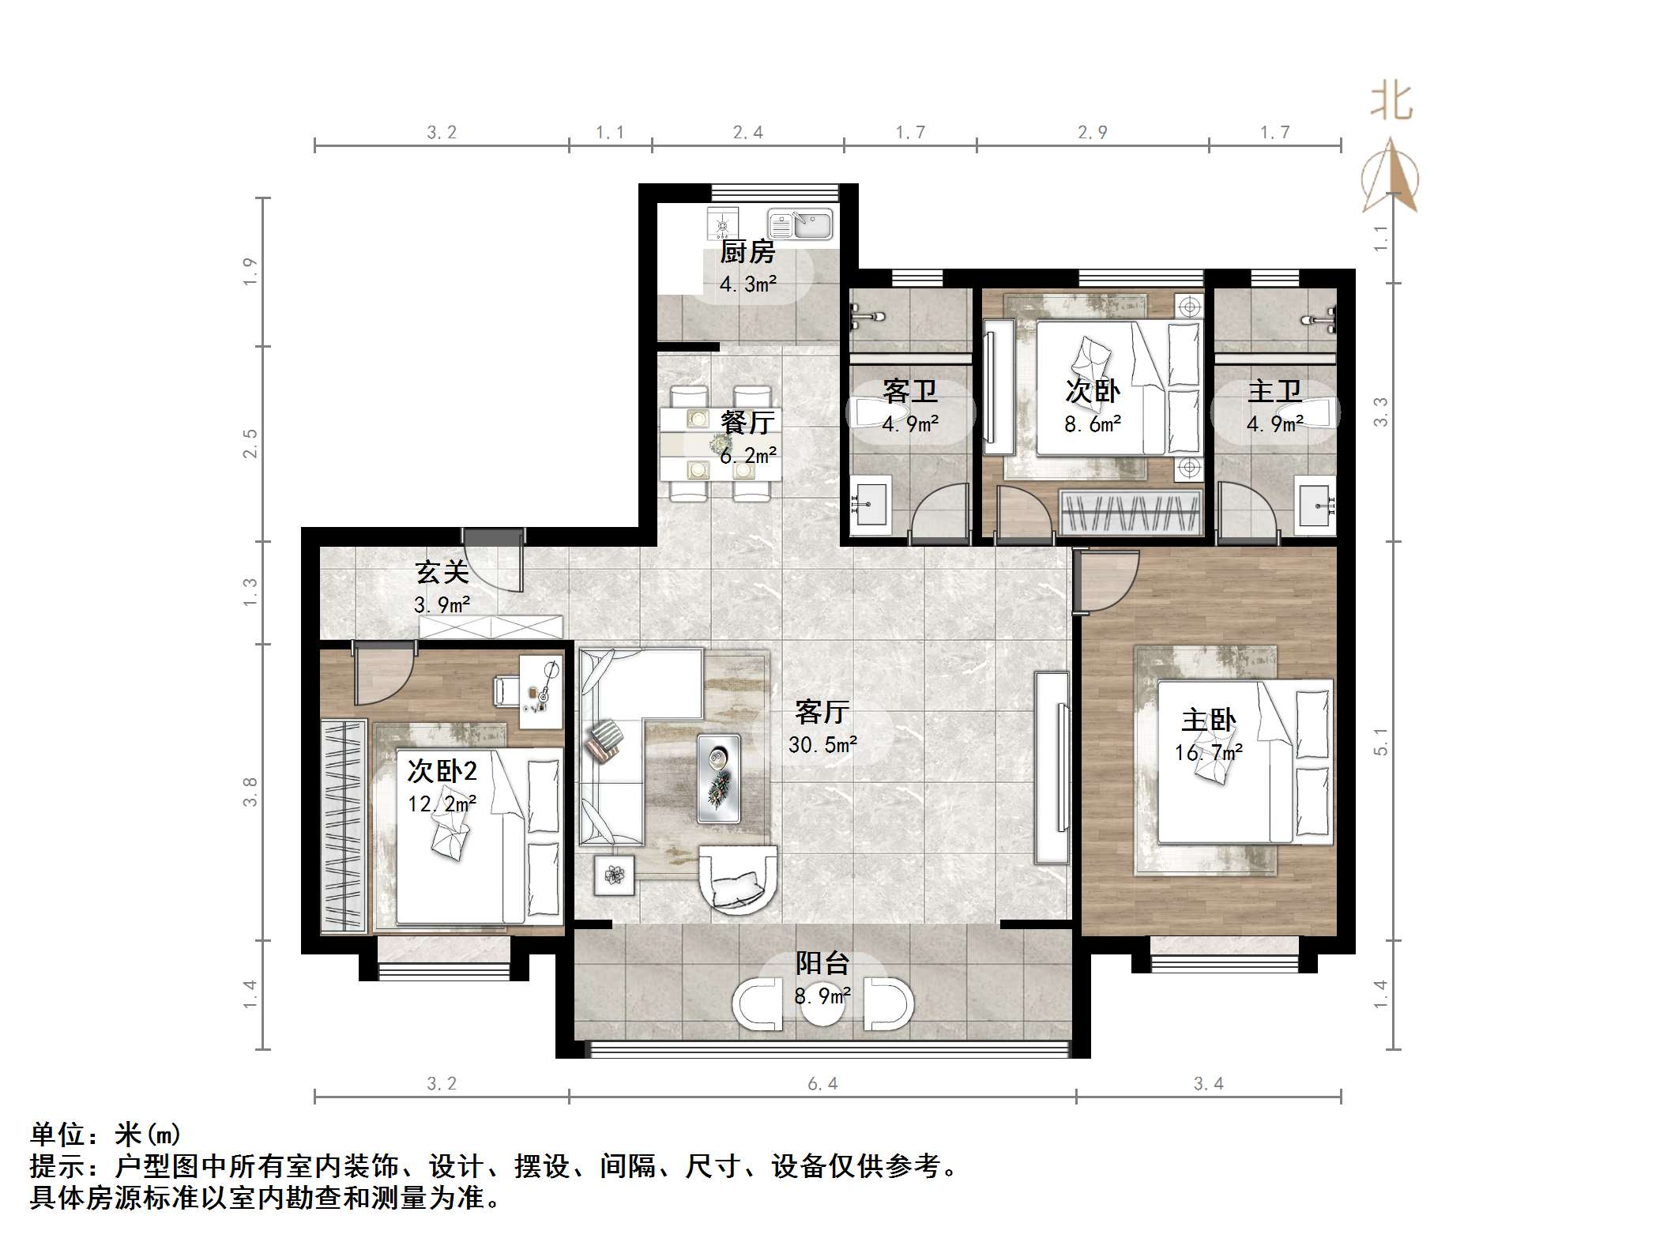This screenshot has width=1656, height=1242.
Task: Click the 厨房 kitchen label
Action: (747, 252)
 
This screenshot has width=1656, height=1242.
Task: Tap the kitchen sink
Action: (800, 224)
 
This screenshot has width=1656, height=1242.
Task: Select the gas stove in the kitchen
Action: (722, 224)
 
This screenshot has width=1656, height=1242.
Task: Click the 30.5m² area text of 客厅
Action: (822, 744)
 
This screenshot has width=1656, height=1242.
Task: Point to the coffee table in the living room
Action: (719, 779)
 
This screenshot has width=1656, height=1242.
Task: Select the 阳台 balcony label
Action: (822, 963)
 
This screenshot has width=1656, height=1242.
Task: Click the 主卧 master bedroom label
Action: (1208, 720)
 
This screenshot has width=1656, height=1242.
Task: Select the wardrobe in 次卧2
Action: (343, 825)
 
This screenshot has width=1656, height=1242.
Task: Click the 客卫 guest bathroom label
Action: (909, 391)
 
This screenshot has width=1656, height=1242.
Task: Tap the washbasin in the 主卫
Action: (1316, 501)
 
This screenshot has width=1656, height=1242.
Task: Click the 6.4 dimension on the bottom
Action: (822, 1083)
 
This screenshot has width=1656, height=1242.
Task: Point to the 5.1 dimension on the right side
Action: (1380, 741)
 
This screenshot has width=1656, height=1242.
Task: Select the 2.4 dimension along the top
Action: (747, 133)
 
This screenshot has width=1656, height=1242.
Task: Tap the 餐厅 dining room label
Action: (747, 422)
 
